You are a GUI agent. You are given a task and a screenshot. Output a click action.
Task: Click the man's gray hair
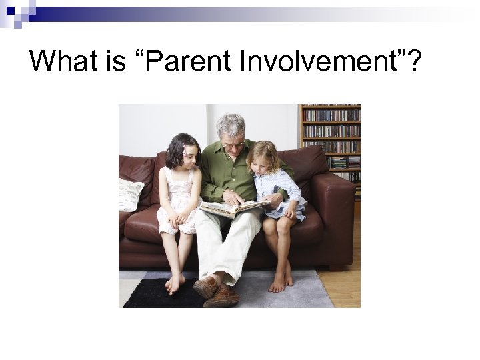(x=230, y=123)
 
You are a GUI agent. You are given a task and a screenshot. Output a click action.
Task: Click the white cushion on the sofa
(x=130, y=194)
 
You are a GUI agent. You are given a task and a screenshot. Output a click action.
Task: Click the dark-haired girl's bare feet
(x=175, y=283)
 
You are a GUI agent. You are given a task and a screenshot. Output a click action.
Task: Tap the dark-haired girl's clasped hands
(x=179, y=221)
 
